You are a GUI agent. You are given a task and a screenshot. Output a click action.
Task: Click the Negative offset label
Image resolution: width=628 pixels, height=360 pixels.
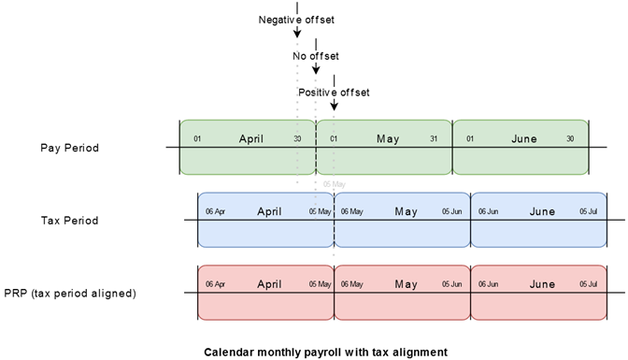point(296,19)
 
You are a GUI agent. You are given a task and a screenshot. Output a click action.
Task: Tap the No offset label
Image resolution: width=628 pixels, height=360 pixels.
point(316,55)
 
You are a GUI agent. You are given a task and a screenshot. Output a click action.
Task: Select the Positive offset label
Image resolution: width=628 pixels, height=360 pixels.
point(334,92)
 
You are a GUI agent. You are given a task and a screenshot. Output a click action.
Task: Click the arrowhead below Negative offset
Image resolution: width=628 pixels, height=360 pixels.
point(296,35)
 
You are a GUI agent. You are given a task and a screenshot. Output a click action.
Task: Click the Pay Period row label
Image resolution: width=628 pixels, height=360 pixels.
point(69,148)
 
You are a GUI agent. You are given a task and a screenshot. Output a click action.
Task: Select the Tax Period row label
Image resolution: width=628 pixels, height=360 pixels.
point(69,221)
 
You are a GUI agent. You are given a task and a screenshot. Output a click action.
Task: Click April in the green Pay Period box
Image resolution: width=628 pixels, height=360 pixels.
point(251,139)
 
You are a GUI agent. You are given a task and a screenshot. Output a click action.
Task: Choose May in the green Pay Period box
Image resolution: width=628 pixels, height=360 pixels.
point(388,139)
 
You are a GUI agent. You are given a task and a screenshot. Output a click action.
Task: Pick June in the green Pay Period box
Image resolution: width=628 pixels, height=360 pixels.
point(524,139)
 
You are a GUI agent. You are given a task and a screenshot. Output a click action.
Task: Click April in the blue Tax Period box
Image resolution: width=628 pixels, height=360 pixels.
point(269,211)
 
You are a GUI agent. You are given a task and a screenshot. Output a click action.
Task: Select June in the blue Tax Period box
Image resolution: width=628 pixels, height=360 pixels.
point(542,211)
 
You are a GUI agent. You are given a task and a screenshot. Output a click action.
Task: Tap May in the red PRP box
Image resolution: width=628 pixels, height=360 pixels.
point(406,284)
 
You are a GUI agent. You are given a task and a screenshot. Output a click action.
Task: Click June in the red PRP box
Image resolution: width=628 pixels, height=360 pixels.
point(542,284)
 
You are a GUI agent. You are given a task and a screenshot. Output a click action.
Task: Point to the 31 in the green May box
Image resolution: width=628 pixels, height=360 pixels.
point(433,140)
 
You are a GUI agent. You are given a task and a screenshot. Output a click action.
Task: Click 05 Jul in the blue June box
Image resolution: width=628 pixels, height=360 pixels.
point(588,212)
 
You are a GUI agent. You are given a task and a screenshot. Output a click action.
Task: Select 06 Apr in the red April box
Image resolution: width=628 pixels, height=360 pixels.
point(215,284)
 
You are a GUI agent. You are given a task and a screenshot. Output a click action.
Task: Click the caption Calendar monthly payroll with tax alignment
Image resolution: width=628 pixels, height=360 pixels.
point(314,352)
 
